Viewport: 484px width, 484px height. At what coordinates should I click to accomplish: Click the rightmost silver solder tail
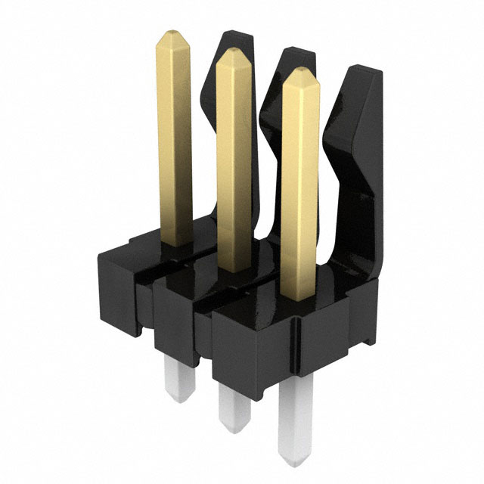tap(294, 423)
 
